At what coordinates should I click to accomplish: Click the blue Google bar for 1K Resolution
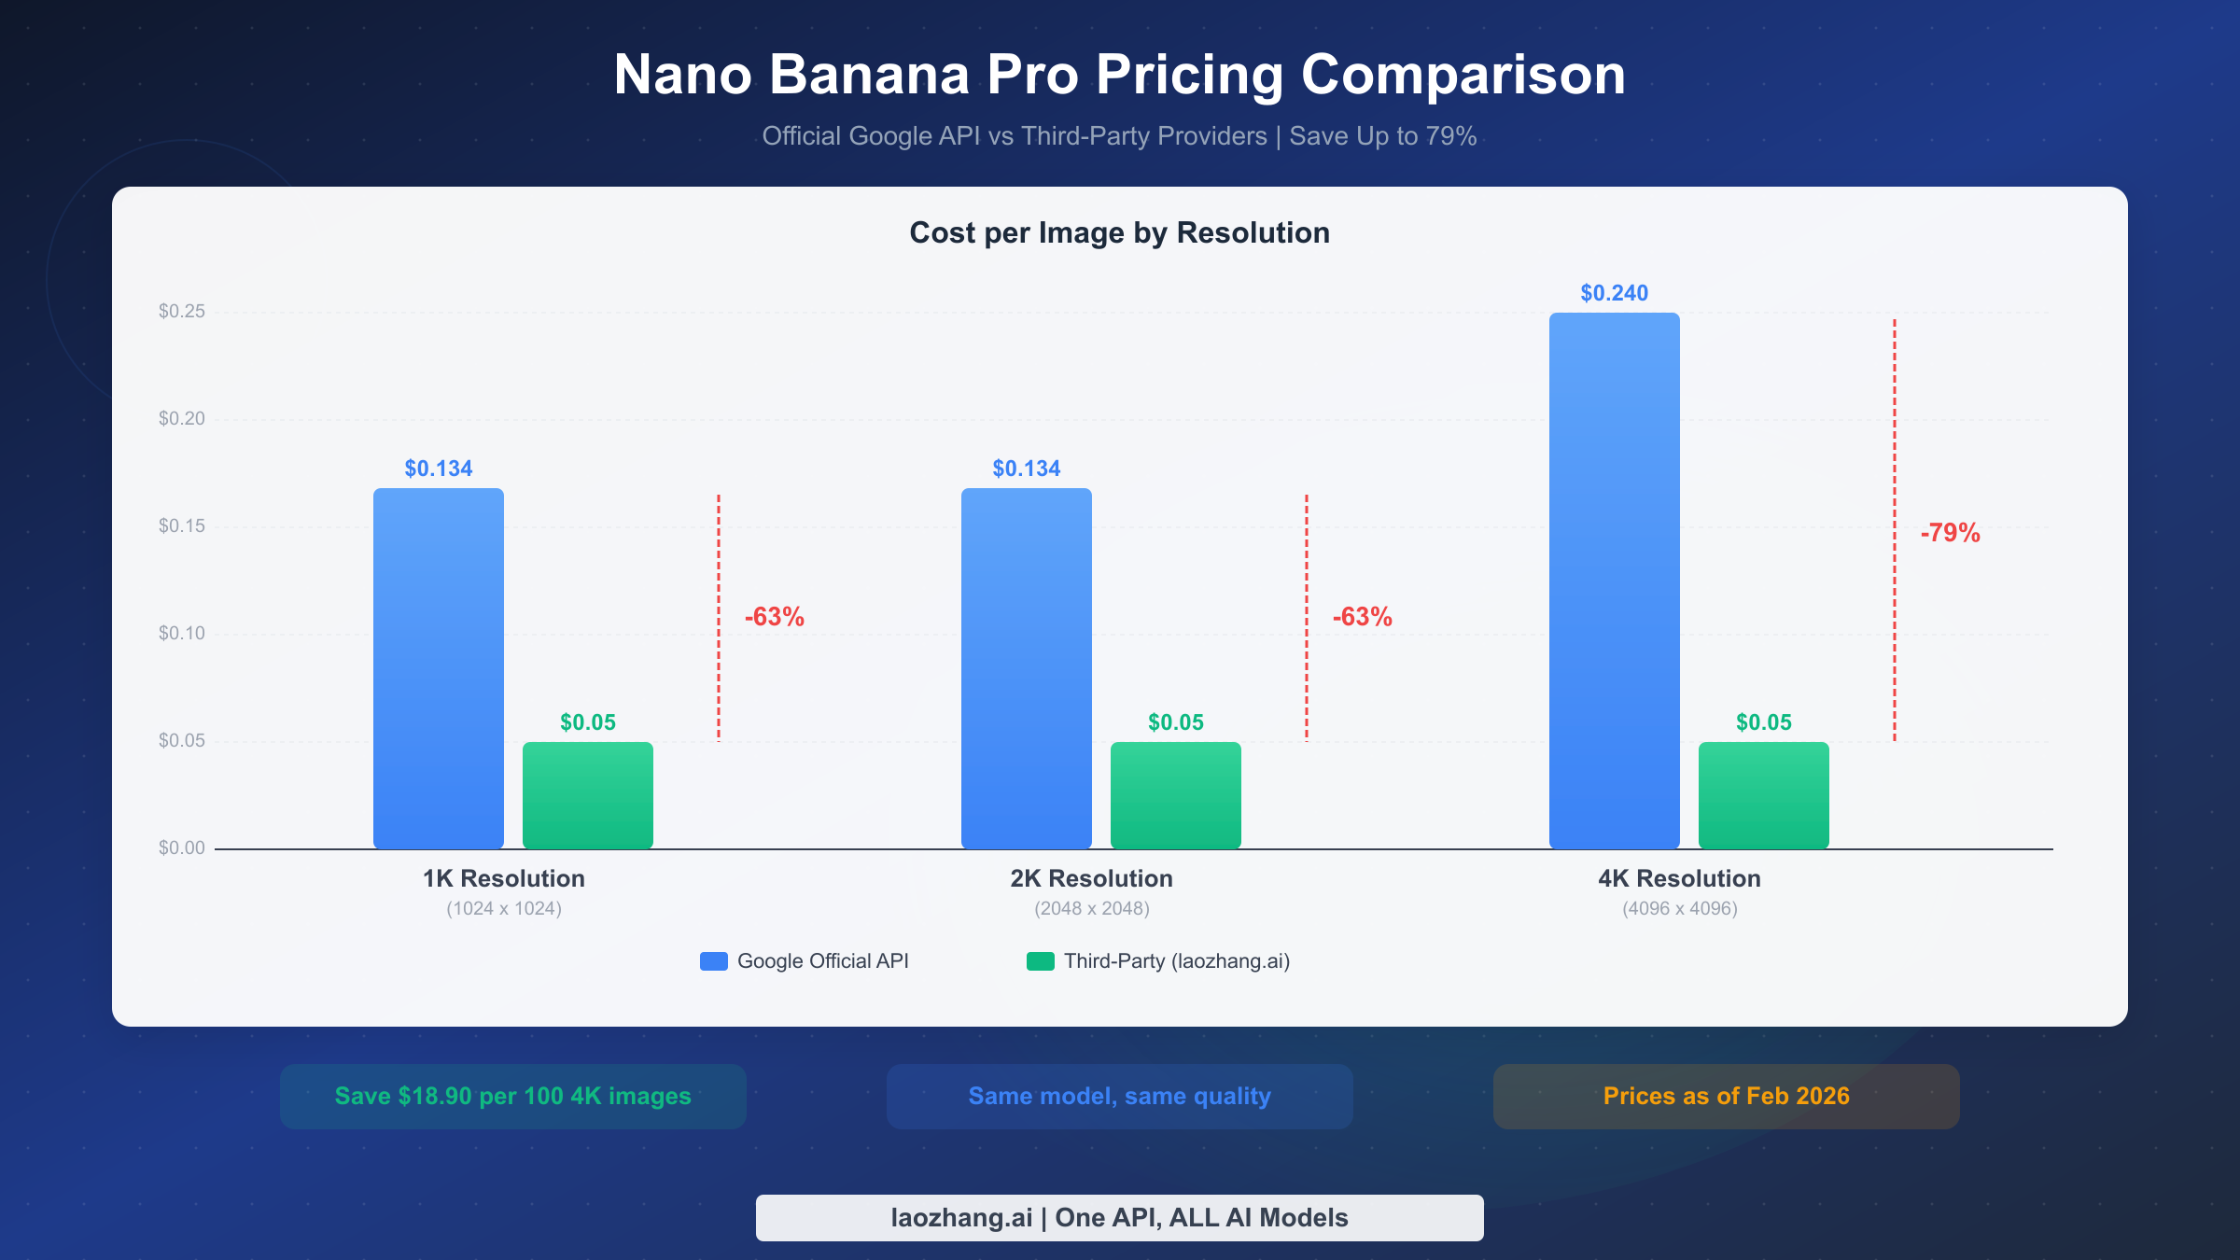(x=439, y=667)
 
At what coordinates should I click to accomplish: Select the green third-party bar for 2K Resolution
(x=1176, y=794)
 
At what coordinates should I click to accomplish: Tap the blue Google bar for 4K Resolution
(x=1615, y=580)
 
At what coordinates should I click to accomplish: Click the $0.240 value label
(x=1614, y=293)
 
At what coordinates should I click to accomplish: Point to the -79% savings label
(x=1950, y=533)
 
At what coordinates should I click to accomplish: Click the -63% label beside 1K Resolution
(x=774, y=617)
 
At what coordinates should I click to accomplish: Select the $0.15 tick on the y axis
(x=182, y=526)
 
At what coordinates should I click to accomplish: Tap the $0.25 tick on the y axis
(x=182, y=312)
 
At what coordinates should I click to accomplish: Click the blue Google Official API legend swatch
(x=714, y=961)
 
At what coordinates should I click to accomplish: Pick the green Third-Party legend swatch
(x=1041, y=961)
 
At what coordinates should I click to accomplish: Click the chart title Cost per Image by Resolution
(x=1119, y=233)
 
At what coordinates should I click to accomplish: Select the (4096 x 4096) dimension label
(x=1679, y=909)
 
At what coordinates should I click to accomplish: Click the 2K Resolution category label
(x=1091, y=879)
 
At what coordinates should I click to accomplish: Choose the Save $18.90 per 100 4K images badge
(x=513, y=1097)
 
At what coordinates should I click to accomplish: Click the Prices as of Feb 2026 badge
(x=1726, y=1097)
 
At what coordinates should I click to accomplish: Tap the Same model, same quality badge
(x=1119, y=1097)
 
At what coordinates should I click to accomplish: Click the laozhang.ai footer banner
(x=1119, y=1218)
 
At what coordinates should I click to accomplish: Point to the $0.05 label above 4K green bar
(x=1763, y=722)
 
